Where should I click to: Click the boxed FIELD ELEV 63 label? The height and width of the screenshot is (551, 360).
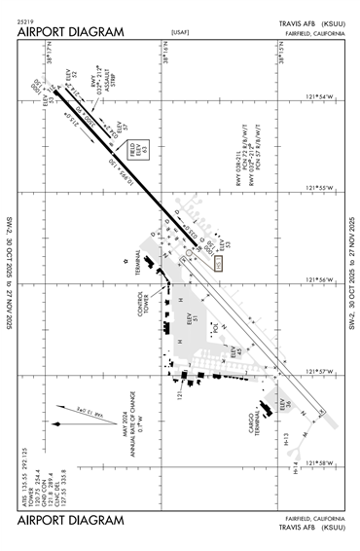click(x=146, y=150)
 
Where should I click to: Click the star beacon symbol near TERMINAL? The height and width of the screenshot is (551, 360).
click(x=126, y=260)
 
